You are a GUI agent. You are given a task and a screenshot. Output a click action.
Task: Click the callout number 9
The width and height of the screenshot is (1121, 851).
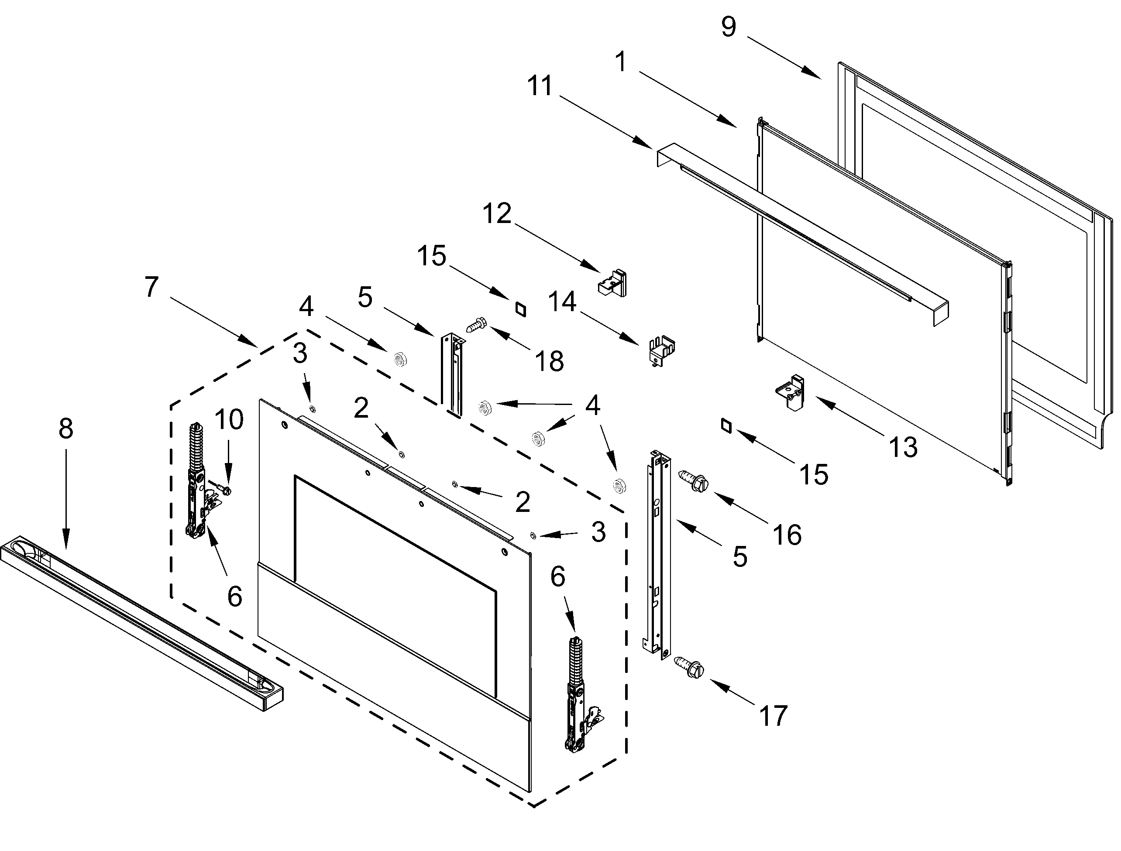pyautogui.click(x=729, y=26)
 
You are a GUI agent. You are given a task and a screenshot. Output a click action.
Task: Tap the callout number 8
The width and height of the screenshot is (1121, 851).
pyautogui.click(x=66, y=428)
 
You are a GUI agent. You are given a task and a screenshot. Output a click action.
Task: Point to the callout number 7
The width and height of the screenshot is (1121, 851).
pyautogui.click(x=151, y=287)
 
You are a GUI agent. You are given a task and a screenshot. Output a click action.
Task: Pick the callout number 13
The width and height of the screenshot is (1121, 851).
pyautogui.click(x=904, y=447)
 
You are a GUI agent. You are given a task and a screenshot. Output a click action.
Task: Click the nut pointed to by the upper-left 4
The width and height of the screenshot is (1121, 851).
pyautogui.click(x=400, y=360)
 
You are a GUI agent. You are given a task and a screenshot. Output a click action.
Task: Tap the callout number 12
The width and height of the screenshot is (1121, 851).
pyautogui.click(x=497, y=214)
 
